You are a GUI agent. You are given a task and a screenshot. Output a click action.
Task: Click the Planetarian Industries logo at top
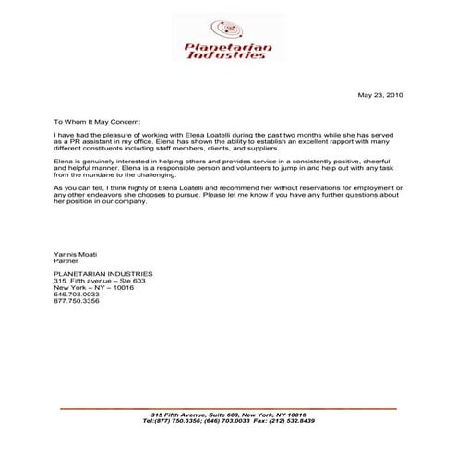[228, 40]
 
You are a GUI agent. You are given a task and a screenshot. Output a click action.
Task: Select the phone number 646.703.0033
[75, 295]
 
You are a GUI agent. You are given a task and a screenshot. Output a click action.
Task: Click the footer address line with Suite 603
[228, 415]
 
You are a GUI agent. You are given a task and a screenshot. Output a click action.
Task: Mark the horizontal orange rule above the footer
[228, 408]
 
